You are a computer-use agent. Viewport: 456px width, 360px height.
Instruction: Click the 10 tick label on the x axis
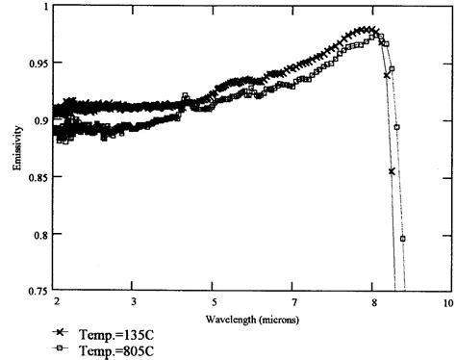tap(448, 302)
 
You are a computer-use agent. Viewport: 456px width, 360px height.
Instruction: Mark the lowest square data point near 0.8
tap(402, 238)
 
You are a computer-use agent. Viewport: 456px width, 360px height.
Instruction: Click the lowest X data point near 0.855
tap(392, 171)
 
